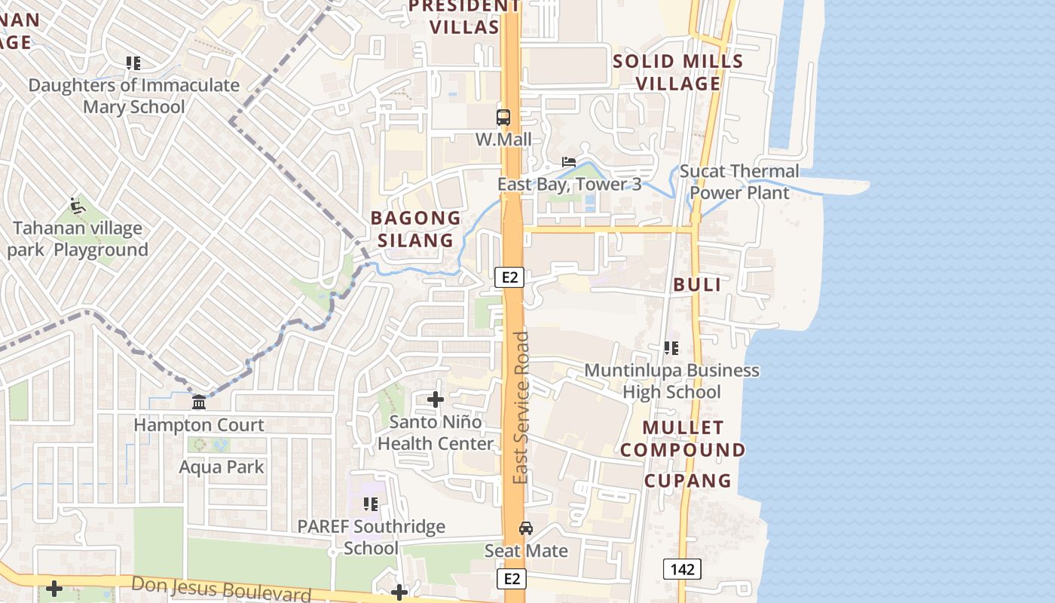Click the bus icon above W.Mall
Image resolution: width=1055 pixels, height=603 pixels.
[x=503, y=118]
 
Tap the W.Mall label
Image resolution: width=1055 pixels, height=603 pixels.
[x=503, y=139]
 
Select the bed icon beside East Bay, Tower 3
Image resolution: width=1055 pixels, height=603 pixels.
[x=569, y=162]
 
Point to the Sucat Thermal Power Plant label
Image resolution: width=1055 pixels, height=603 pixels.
[x=739, y=182]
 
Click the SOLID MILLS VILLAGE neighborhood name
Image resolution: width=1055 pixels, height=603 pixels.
[x=678, y=72]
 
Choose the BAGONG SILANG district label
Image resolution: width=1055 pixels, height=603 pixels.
[x=416, y=229]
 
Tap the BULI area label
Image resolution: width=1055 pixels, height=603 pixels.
[x=697, y=285]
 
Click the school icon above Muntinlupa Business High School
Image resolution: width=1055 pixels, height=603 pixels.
[x=671, y=348]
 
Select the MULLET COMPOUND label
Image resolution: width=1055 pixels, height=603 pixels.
[x=683, y=439]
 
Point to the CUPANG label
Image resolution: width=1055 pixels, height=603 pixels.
[x=688, y=480]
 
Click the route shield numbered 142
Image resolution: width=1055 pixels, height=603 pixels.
[x=682, y=568]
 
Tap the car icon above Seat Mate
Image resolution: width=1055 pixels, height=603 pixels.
[x=526, y=528]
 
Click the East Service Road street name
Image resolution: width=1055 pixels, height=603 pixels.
[x=521, y=407]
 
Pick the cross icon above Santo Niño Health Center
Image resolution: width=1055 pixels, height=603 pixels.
[x=436, y=399]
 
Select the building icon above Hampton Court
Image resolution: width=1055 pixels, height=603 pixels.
[x=199, y=403]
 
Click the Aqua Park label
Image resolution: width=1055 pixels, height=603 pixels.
[x=222, y=467]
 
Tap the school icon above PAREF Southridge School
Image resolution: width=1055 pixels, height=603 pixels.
[x=371, y=504]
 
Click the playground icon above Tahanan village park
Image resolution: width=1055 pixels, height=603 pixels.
[x=77, y=205]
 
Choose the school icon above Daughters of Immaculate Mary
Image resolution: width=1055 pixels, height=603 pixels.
[x=133, y=63]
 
